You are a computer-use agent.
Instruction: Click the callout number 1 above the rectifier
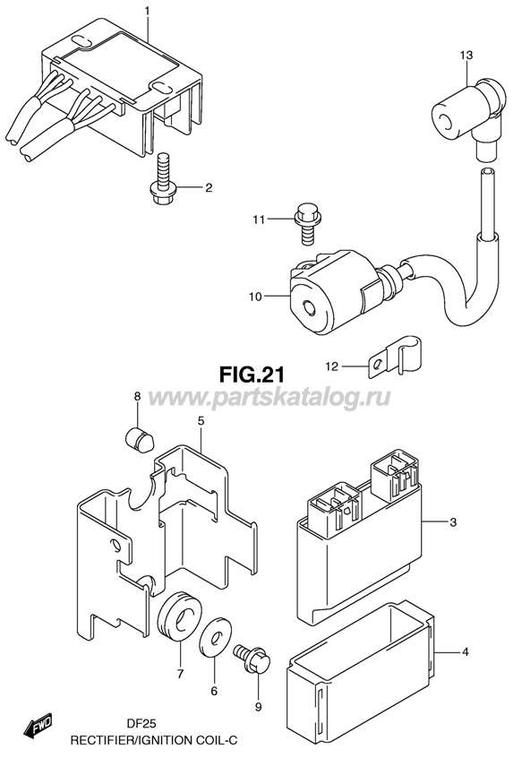pyautogui.click(x=148, y=10)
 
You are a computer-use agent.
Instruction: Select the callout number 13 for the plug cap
pyautogui.click(x=466, y=56)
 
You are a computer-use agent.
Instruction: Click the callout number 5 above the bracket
pyautogui.click(x=201, y=420)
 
